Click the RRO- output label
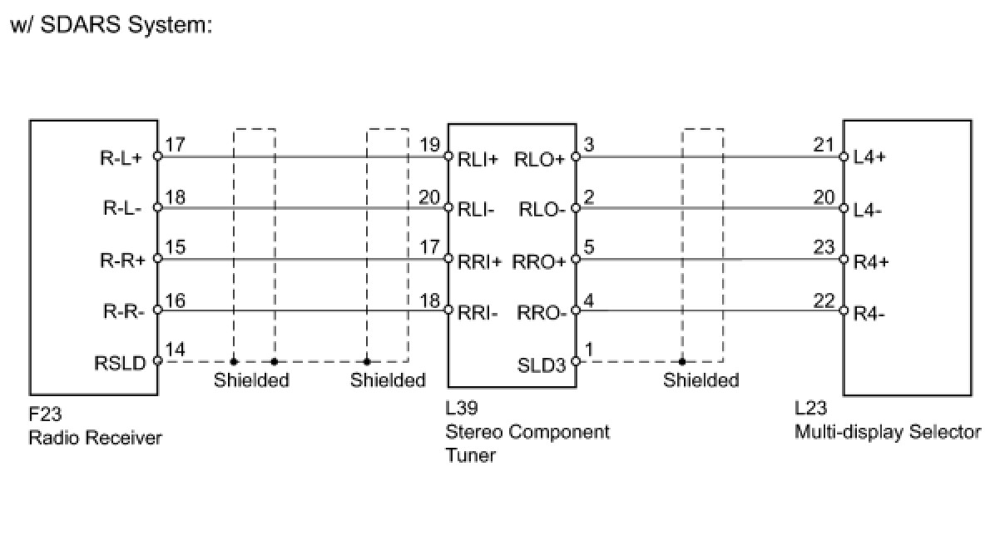(x=542, y=313)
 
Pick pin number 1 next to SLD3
(x=589, y=350)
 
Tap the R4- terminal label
(x=869, y=315)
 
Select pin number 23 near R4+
(x=824, y=247)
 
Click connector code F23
(x=45, y=414)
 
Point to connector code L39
(x=462, y=409)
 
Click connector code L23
(x=810, y=409)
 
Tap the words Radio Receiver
(x=95, y=437)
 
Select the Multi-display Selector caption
(x=888, y=432)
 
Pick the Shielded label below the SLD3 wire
(x=701, y=380)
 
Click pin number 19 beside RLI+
(x=429, y=145)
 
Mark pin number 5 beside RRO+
(x=589, y=247)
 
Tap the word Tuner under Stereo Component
(x=470, y=455)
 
